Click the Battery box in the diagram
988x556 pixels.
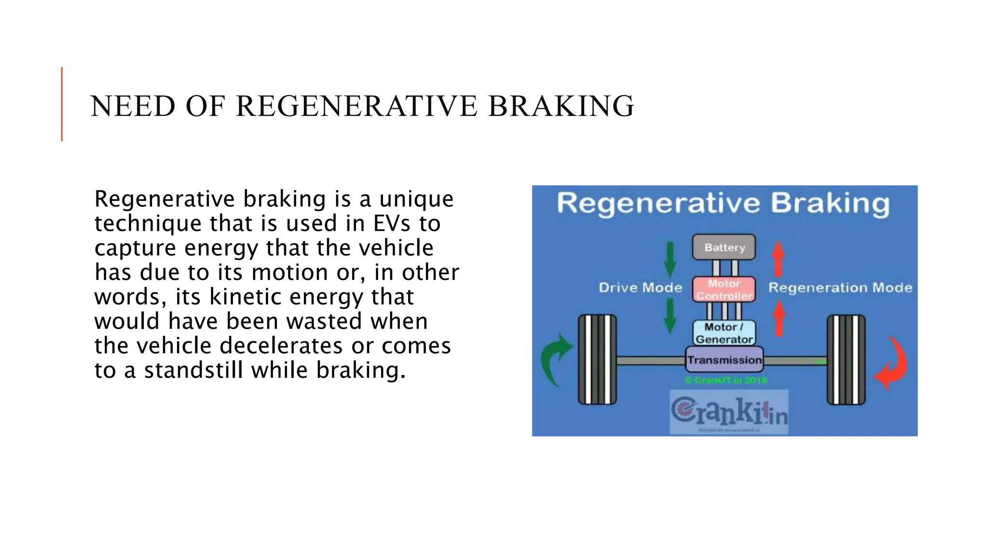point(724,247)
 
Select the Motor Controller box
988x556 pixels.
point(724,290)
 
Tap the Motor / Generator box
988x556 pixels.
point(724,333)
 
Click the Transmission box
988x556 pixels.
point(724,360)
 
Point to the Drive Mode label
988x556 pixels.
point(640,288)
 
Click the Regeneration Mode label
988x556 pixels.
point(840,288)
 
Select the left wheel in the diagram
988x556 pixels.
point(597,360)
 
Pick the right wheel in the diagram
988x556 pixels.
point(846,360)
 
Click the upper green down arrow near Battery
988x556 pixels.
point(670,259)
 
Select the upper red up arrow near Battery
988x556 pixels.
point(778,259)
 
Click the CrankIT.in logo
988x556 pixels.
point(728,412)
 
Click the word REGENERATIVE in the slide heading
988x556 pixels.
point(357,106)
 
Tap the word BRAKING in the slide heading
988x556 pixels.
point(561,106)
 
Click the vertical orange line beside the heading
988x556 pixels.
point(62,104)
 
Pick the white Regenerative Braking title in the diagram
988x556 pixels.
point(723,203)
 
